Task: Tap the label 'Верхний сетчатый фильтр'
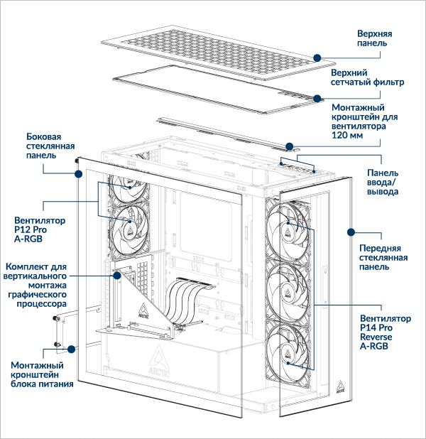click(368, 77)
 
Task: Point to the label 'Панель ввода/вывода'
click(383, 183)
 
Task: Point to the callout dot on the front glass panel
click(349, 231)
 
